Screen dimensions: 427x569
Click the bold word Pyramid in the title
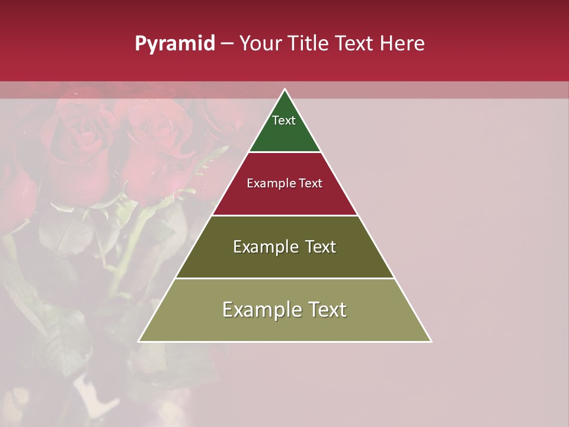tap(174, 44)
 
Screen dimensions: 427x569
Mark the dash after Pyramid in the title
tap(227, 44)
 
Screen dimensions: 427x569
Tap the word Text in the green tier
tap(284, 120)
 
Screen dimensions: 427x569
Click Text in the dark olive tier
tap(321, 247)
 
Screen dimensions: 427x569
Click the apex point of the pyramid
tap(284, 90)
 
